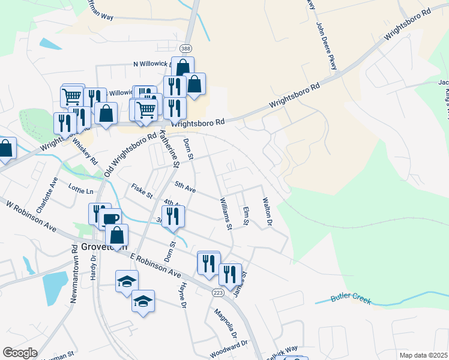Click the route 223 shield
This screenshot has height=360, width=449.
click(218, 292)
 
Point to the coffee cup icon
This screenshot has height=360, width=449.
click(112, 219)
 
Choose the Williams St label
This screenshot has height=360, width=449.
click(226, 214)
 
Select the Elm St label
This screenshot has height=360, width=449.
click(245, 216)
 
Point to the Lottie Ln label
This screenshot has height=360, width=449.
click(81, 191)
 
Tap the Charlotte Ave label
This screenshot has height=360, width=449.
click(47, 195)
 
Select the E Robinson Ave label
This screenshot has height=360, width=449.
click(155, 265)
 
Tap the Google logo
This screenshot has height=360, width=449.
click(20, 353)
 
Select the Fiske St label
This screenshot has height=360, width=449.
click(142, 193)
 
